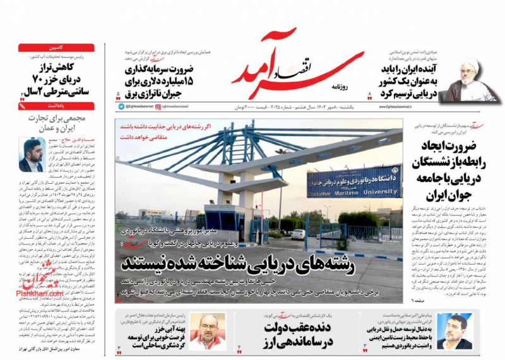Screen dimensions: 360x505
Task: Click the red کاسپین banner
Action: [56, 47]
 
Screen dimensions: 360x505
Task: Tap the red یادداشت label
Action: [56, 105]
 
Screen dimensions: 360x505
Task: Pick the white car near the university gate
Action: [297, 234]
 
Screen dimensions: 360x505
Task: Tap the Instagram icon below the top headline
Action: [158, 108]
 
